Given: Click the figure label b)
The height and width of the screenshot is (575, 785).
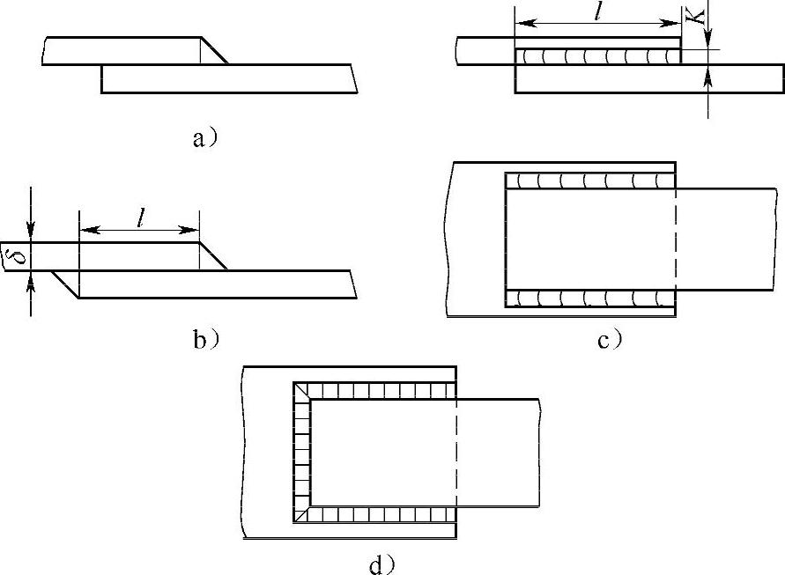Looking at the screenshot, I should [205, 338].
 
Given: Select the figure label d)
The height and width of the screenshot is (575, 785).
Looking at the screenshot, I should [381, 564].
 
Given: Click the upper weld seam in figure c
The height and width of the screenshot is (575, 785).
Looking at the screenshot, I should [590, 181].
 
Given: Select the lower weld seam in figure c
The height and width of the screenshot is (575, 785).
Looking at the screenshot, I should [590, 297].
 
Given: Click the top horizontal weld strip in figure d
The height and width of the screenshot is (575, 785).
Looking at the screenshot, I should [379, 390].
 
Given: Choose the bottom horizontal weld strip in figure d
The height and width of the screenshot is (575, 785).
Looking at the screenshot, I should [379, 514].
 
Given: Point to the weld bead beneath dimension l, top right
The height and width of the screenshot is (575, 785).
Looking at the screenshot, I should [598, 57].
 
